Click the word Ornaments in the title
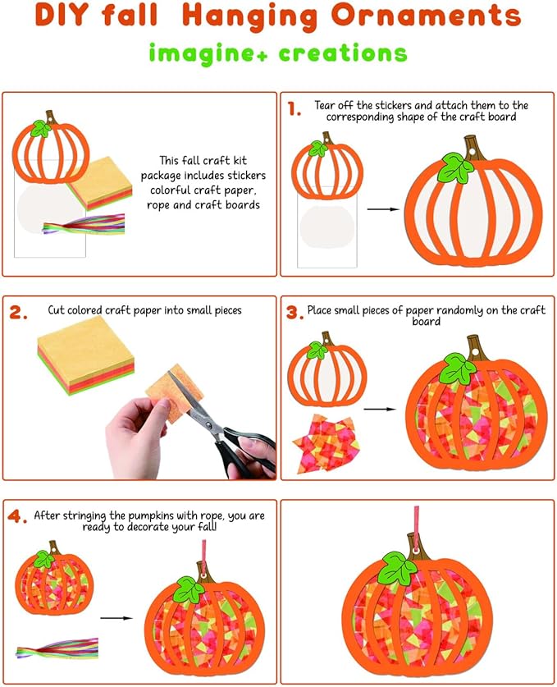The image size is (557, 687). [426, 15]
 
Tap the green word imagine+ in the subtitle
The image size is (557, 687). [208, 53]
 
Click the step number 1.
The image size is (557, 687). [294, 108]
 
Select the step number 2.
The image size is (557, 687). [18, 312]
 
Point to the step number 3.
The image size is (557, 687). [294, 313]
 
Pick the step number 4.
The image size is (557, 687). [17, 516]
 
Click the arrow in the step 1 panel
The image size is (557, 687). [383, 209]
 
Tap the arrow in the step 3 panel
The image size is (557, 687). [380, 410]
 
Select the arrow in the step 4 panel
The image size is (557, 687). [116, 618]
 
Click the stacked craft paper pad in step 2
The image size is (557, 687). [86, 355]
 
